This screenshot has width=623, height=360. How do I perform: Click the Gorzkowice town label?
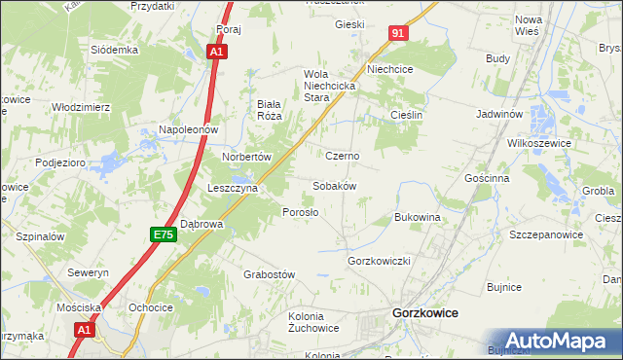[x=424, y=313]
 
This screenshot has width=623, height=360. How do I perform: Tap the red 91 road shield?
[x=399, y=33]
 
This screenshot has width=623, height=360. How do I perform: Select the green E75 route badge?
[x=163, y=234]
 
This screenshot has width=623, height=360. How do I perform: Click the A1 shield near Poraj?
[x=219, y=51]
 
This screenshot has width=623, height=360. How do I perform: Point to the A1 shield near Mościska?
[x=85, y=331]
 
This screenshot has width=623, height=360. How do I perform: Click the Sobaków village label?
[x=334, y=185]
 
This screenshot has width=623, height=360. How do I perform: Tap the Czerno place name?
[x=343, y=156]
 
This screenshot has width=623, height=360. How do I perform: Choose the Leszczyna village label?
[x=232, y=188]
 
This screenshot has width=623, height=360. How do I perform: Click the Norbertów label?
[x=245, y=156]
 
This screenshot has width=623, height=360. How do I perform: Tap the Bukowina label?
[x=418, y=217]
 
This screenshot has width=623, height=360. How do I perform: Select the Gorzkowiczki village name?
[x=381, y=262]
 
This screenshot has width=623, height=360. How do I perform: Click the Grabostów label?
[x=269, y=274]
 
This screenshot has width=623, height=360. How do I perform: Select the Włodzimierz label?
[x=81, y=107]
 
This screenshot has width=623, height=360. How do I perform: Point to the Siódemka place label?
[x=115, y=50]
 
